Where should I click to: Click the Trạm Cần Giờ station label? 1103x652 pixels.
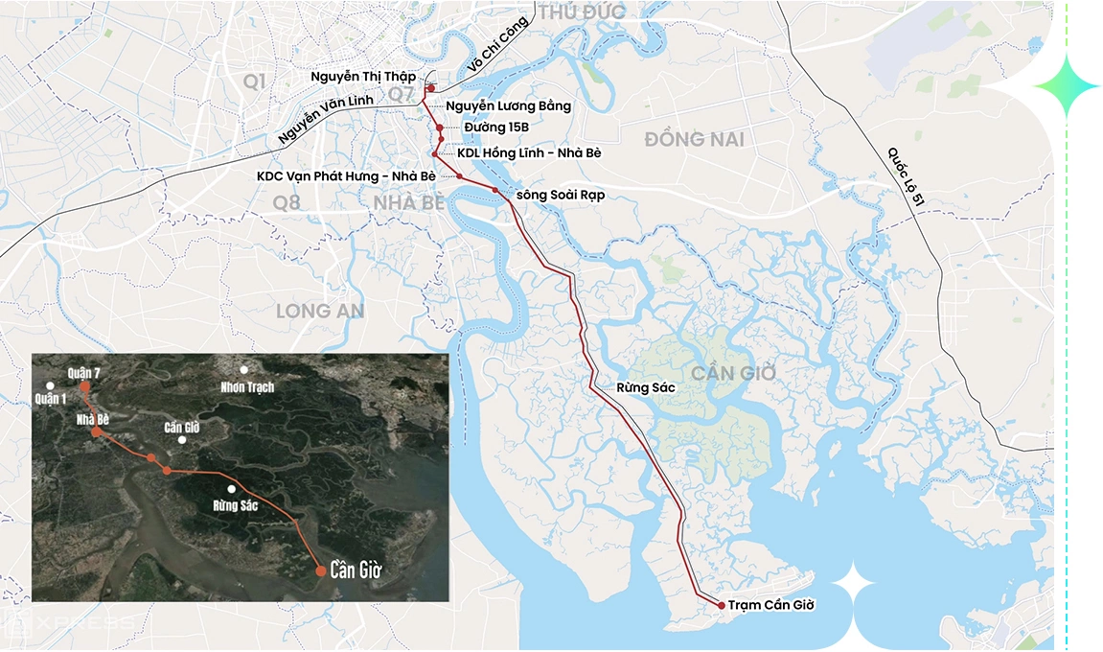(770, 605)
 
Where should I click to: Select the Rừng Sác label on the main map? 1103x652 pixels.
(646, 387)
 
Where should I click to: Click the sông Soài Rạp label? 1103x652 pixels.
(561, 195)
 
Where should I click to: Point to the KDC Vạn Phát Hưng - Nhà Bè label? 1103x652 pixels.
(346, 176)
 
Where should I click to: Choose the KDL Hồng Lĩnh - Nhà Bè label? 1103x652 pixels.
(530, 153)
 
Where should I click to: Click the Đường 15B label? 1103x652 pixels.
(496, 128)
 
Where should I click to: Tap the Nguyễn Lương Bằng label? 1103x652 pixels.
(509, 105)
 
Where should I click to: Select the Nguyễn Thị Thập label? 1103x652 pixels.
(363, 76)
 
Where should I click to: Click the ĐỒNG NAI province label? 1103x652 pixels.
(694, 140)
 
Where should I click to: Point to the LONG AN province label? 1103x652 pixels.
(320, 311)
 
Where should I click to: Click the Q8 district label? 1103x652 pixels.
(287, 202)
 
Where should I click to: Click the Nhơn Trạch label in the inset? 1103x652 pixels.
(246, 386)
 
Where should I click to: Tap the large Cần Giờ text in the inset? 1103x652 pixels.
(356, 570)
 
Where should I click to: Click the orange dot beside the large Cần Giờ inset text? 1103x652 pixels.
(320, 570)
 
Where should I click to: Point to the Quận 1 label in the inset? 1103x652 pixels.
(50, 398)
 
